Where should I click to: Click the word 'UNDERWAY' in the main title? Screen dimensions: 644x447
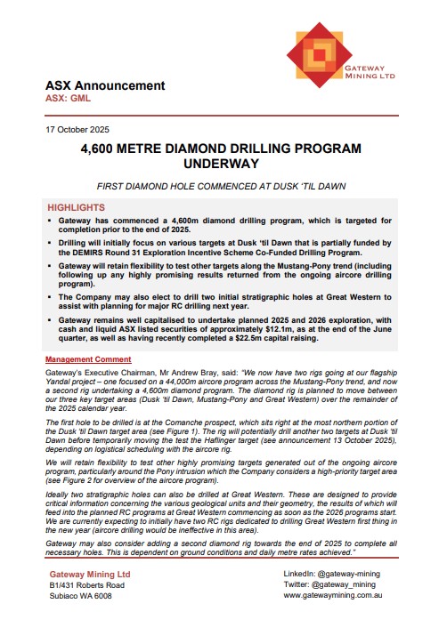click(x=223, y=165)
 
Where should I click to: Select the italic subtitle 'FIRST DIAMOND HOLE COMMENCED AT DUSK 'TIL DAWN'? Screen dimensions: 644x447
click(x=223, y=188)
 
